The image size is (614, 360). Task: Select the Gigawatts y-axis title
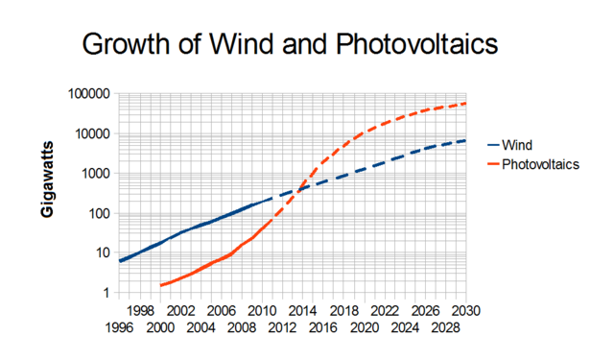(x=46, y=192)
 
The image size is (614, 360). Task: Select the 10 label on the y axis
(x=104, y=253)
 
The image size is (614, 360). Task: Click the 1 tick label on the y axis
(x=107, y=293)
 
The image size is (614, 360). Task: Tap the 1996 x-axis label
(x=119, y=327)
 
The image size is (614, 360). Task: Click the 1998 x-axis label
(x=139, y=312)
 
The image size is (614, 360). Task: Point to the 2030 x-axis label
(x=465, y=312)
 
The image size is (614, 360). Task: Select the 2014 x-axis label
(x=302, y=312)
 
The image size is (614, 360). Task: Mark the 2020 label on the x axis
(x=364, y=312)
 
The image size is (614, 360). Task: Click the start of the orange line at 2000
(x=160, y=285)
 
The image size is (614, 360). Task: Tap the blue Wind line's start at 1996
(x=120, y=261)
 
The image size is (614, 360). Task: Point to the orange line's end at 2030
(x=465, y=104)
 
